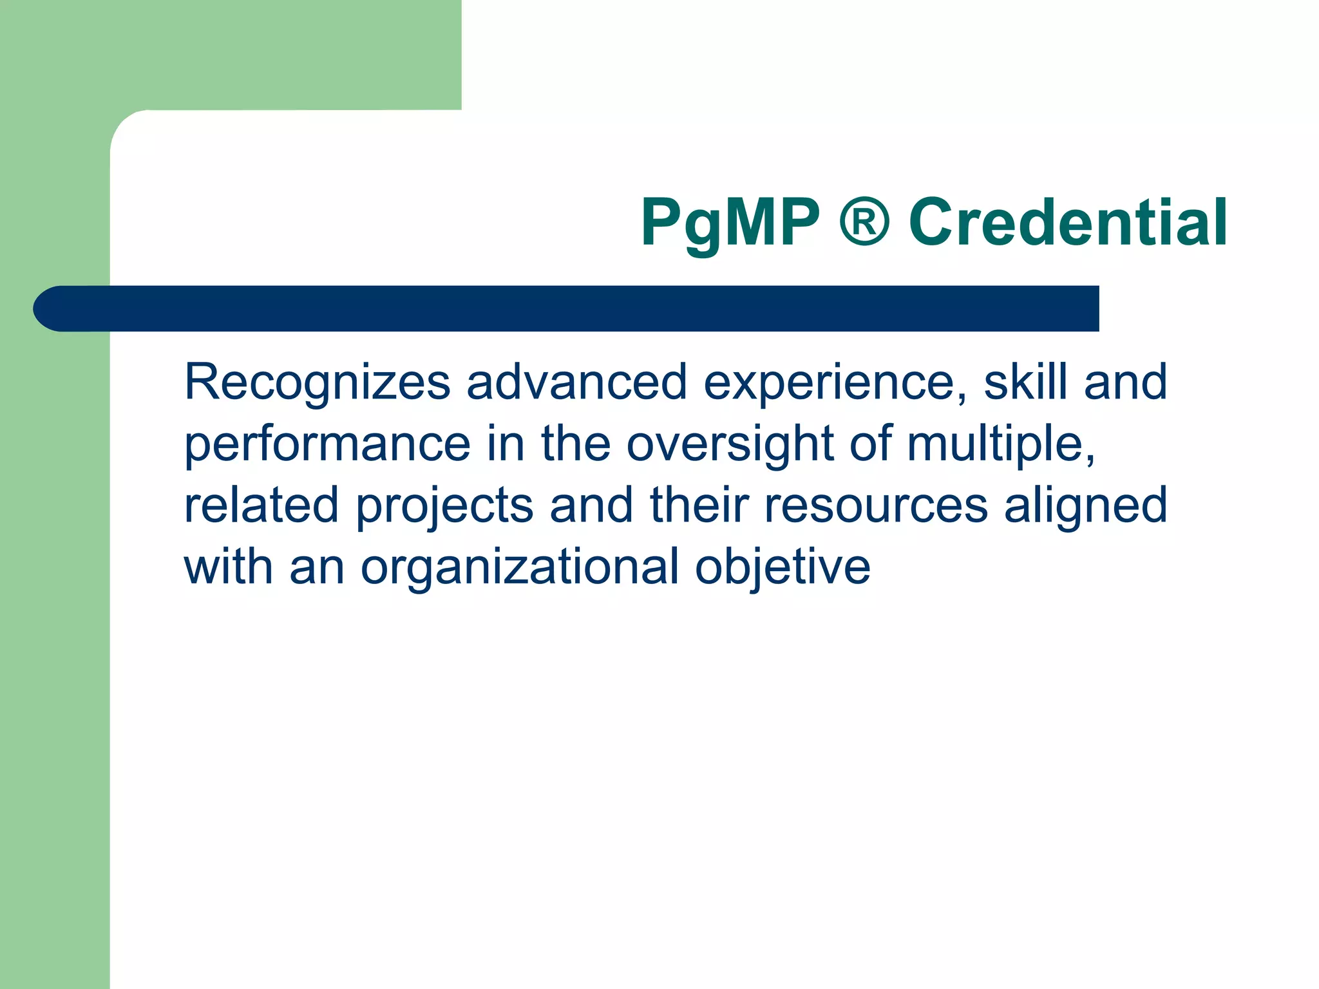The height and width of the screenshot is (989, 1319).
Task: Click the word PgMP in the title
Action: pos(730,223)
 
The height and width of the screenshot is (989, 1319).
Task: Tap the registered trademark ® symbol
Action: pos(864,221)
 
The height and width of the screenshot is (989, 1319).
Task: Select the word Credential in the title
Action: pos(1068,222)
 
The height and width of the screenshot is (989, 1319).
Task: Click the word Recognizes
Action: pos(317,382)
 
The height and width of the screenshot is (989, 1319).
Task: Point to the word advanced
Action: pos(576,382)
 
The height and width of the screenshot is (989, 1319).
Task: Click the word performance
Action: pos(327,445)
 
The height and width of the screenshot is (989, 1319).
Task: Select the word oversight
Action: pos(730,444)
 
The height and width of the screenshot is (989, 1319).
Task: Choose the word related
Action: pos(261,505)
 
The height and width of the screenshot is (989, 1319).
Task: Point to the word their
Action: pos(699,505)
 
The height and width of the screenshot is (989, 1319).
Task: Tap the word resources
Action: pos(876,506)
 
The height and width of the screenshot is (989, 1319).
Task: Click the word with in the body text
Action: pos(229,567)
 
